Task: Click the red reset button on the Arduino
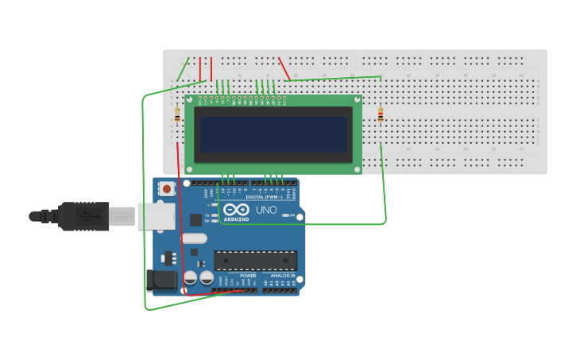point(166,189)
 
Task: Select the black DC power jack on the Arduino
point(161,279)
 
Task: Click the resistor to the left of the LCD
point(176,115)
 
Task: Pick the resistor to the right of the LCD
point(381,115)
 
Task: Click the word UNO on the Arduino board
point(266,210)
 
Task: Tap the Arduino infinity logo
point(236,209)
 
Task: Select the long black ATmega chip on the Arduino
point(255,260)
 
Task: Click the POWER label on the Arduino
point(237,276)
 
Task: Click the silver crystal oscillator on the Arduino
point(194,238)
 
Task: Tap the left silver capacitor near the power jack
point(191,277)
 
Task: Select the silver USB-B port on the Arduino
point(156,215)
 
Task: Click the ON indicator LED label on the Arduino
point(292,215)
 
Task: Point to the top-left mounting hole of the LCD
point(189,99)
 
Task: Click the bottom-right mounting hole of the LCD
point(358,169)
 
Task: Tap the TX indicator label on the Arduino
point(207,215)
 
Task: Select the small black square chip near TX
point(195,220)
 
